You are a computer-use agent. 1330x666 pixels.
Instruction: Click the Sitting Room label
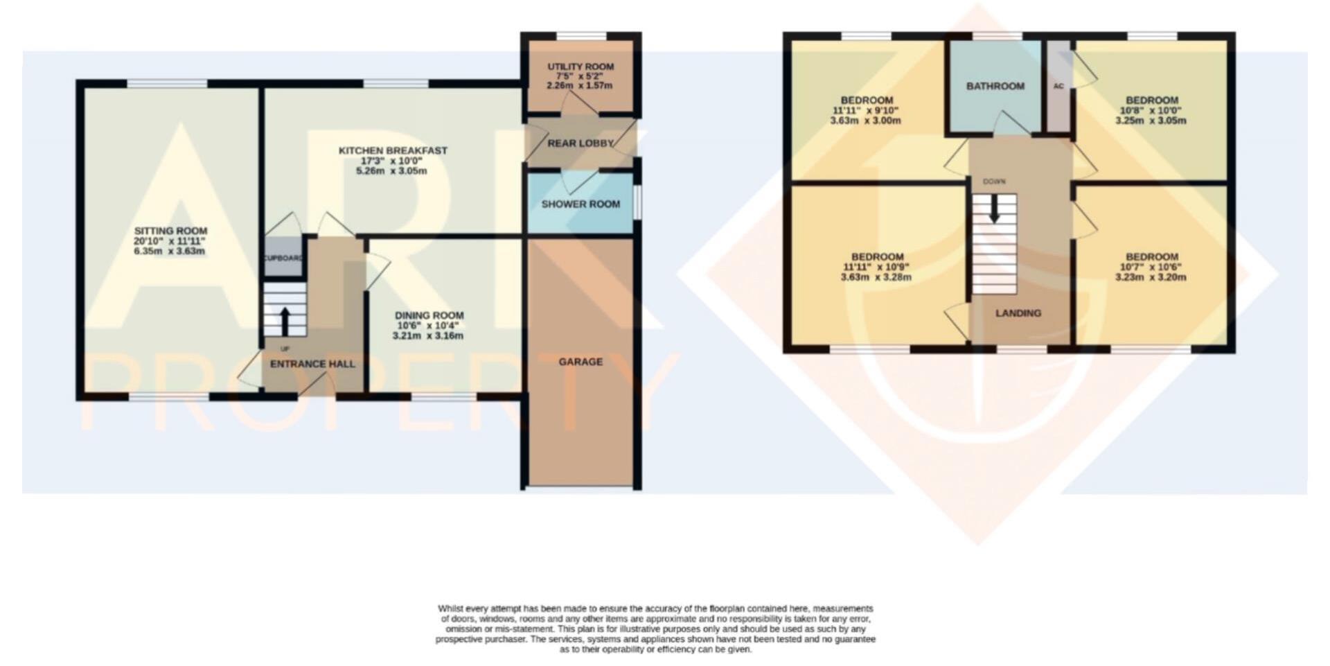170,231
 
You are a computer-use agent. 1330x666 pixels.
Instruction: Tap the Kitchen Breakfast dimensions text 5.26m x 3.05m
391,170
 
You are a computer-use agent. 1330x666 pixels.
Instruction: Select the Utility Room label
580,67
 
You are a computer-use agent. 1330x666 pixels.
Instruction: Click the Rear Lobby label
580,143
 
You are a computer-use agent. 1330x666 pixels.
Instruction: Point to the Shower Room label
580,204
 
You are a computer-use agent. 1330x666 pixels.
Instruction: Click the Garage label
580,361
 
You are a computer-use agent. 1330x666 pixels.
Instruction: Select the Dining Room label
429,315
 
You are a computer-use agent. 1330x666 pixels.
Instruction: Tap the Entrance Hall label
312,364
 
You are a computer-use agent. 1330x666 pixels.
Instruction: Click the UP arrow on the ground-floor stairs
285,321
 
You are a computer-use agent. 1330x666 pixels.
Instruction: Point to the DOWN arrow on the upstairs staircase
994,210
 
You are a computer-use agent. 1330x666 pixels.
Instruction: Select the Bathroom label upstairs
995,86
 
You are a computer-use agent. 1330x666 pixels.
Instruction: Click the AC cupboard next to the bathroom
1058,86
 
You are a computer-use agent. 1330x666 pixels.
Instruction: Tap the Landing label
1018,313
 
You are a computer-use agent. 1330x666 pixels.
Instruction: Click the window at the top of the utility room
581,36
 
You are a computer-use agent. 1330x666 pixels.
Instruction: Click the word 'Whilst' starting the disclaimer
451,608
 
